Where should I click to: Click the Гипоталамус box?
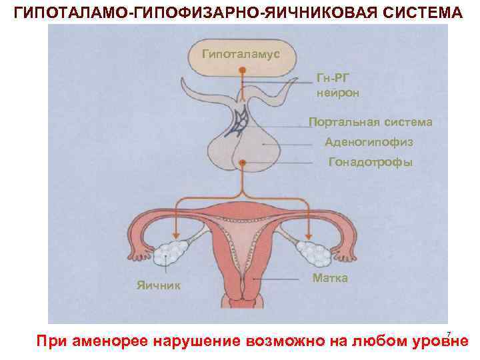coord(241,53)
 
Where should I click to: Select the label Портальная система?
coord(370,123)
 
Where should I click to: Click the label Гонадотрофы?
coord(371,162)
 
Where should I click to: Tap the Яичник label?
coord(158,285)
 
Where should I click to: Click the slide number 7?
coord(449,334)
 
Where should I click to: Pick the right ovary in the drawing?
coord(309,253)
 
